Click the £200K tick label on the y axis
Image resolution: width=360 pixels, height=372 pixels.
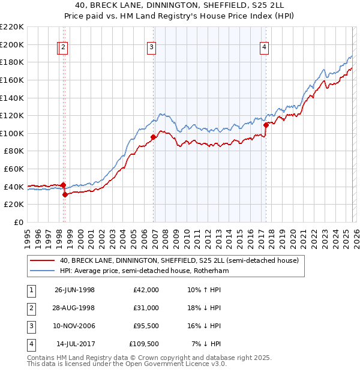[12, 44]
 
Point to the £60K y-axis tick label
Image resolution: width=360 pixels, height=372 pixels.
[14, 169]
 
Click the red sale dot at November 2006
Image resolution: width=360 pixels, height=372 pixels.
[153, 137]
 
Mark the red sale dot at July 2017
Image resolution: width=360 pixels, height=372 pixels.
[266, 125]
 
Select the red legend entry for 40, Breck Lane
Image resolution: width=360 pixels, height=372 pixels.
[175, 261]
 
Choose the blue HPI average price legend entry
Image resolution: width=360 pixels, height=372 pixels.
[145, 271]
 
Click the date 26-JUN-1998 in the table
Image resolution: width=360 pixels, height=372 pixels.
[74, 290]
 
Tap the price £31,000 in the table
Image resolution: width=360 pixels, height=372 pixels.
[146, 308]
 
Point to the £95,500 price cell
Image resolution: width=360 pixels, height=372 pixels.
[146, 326]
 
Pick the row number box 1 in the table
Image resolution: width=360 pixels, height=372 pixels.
[29, 290]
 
